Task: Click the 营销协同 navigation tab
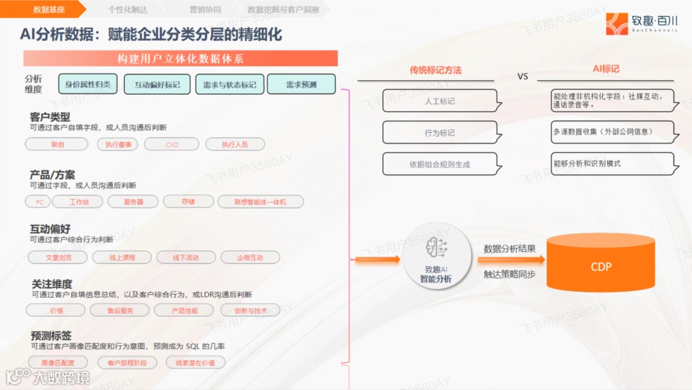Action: point(205,10)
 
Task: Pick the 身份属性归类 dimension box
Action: point(88,84)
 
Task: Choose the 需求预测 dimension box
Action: point(301,84)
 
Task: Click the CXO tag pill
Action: point(172,145)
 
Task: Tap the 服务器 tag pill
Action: point(134,202)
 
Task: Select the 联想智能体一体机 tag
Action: point(260,202)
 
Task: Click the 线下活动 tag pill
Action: point(186,257)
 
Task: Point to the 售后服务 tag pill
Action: point(120,311)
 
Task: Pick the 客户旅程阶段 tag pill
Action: point(127,362)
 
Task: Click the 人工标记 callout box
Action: point(440,101)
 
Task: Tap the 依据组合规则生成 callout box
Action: point(440,164)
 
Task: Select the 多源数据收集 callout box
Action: point(613,132)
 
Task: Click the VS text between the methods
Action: point(523,76)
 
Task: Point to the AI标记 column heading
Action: point(605,69)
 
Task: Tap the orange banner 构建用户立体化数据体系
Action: point(180,59)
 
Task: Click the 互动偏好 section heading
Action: point(50,229)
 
